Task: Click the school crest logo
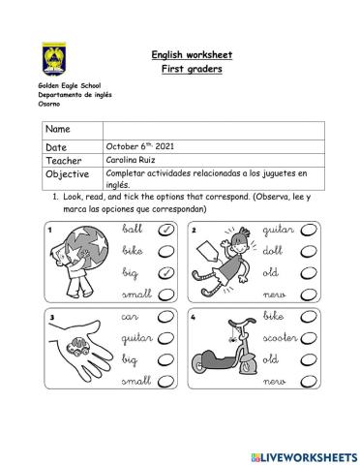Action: coord(54,59)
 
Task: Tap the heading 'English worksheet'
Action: coord(192,55)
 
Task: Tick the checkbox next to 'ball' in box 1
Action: coord(165,230)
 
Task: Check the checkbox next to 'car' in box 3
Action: coord(165,318)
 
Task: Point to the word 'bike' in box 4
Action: coord(274,317)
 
